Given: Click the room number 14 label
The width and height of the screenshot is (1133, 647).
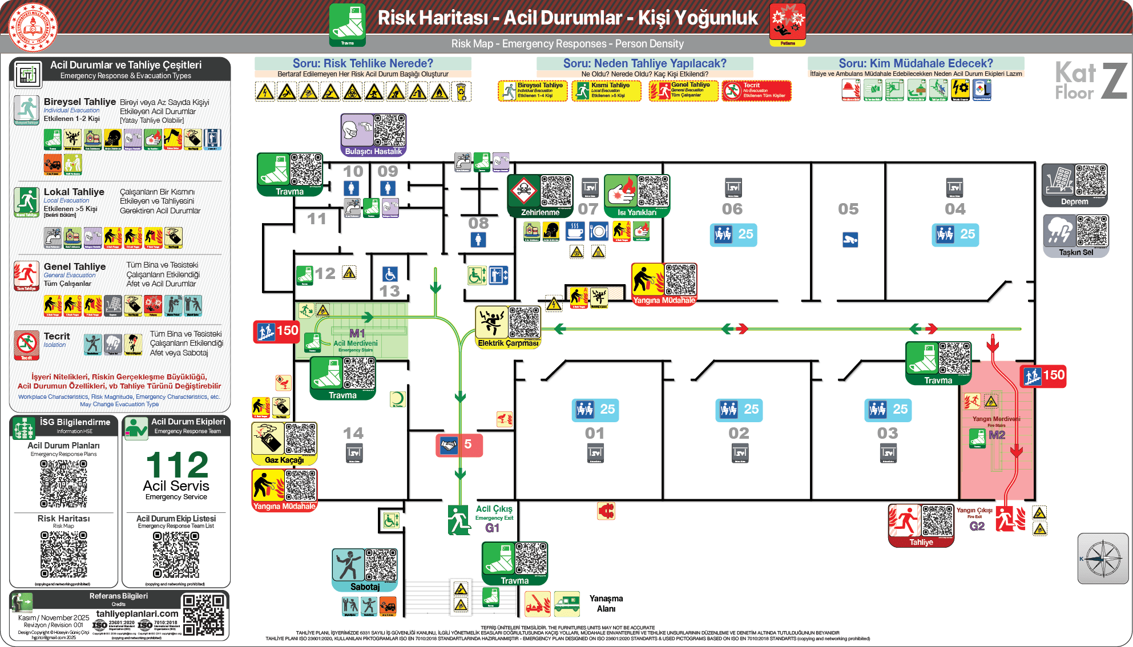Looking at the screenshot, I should (353, 434).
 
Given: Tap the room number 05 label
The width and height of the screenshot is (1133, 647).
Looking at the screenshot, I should (848, 209).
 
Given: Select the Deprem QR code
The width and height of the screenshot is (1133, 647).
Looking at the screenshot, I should (1091, 180).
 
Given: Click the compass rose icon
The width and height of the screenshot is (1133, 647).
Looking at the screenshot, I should (1103, 559).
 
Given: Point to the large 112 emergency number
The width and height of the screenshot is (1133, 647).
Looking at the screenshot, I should (177, 465).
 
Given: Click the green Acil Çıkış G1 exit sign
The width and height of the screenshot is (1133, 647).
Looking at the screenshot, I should (459, 519).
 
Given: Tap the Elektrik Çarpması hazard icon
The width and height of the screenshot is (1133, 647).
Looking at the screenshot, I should (491, 322).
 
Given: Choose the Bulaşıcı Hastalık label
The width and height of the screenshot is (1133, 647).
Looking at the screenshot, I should (373, 151).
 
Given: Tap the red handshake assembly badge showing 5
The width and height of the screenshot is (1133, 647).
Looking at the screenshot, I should (459, 445).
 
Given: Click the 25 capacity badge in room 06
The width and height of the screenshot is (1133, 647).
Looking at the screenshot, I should (733, 234).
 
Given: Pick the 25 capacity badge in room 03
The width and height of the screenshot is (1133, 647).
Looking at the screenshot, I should (888, 409).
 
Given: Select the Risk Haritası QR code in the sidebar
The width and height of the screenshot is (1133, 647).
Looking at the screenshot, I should (64, 554).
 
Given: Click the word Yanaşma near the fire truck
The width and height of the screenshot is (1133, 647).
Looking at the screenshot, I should (606, 599).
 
